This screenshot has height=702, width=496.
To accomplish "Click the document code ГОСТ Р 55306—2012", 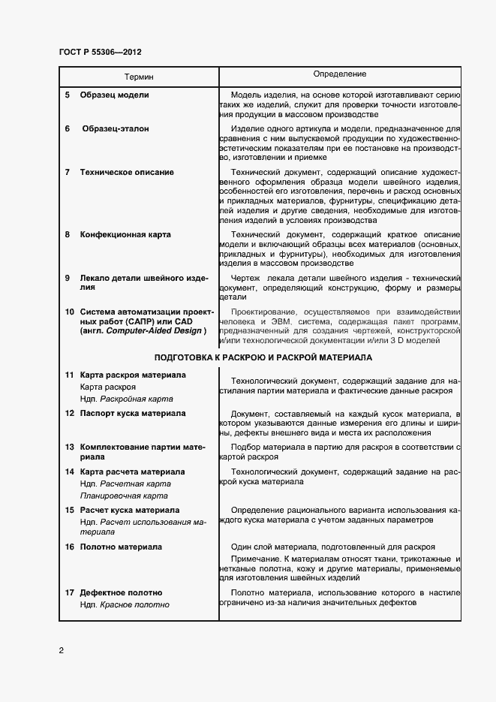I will point(100,53).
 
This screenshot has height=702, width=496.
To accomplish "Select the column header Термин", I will point(140,77).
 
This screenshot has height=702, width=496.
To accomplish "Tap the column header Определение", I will point(340,74).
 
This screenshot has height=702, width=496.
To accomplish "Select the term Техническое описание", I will point(127,172).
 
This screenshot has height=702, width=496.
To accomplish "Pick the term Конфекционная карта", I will point(125,234).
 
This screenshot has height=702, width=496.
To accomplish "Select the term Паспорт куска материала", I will point(133,413).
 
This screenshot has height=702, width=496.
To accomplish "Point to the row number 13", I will point(69,446).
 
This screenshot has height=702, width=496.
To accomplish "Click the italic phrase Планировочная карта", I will point(125,496).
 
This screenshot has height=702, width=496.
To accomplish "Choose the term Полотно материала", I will point(121,547).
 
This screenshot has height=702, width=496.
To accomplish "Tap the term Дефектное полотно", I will point(119,593).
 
